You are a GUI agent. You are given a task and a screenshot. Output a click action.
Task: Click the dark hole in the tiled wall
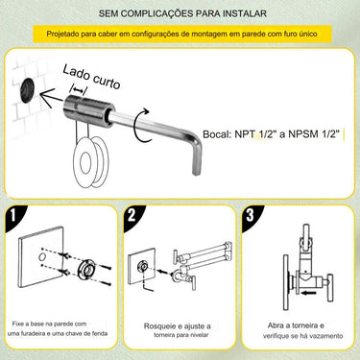click(x=27, y=90)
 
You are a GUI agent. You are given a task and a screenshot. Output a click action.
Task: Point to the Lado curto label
click(x=92, y=77)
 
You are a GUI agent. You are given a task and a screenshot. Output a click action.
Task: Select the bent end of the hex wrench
click(x=196, y=156)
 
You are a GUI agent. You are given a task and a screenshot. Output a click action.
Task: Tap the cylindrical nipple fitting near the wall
click(x=89, y=110)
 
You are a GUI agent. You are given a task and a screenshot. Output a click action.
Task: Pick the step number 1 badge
click(x=12, y=215)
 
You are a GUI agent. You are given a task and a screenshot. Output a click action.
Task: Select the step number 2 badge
click(x=132, y=215)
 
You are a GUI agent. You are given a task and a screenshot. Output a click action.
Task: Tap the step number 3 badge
click(x=250, y=215)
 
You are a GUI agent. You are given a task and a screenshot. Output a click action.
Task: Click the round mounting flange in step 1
click(x=86, y=269)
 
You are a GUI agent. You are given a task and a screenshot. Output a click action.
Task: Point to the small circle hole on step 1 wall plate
click(x=42, y=256)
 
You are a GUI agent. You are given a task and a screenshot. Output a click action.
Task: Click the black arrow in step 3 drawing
click(x=309, y=293)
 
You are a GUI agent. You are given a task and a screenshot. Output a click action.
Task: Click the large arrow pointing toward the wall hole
click(x=52, y=98)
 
